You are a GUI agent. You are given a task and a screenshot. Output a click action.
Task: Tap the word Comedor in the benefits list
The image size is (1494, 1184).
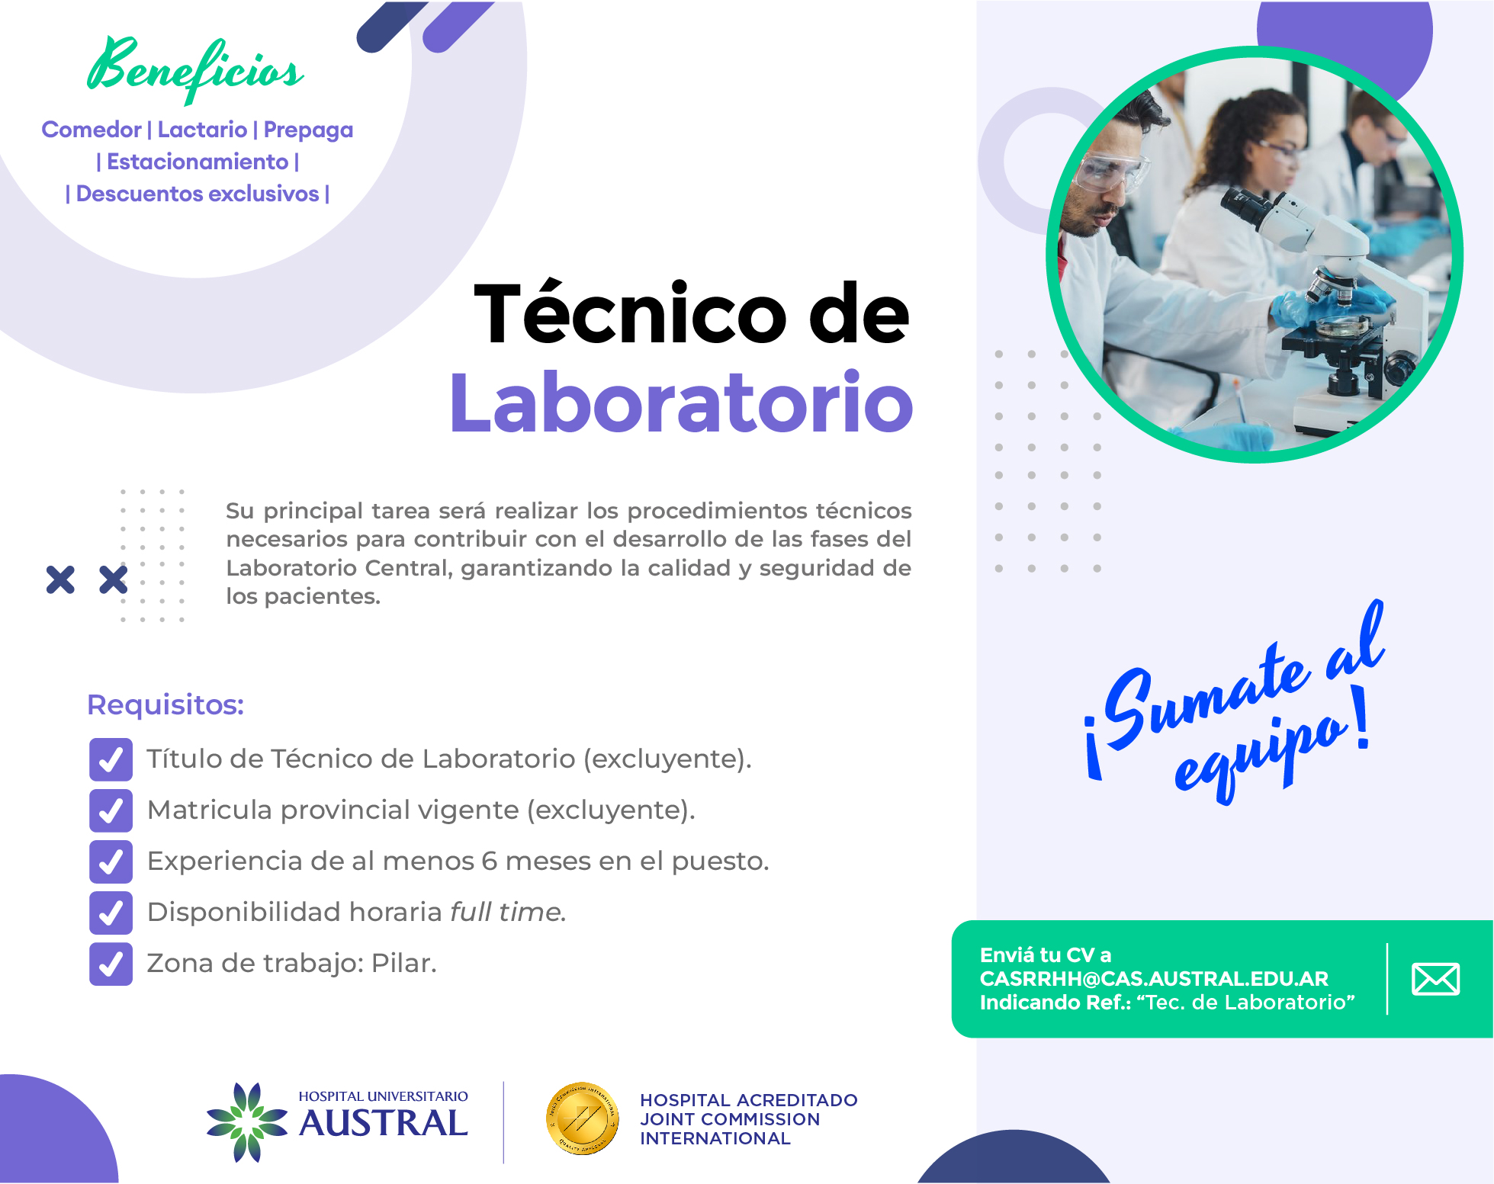coord(92,130)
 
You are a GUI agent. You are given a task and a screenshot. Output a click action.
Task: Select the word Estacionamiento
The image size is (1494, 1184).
coord(198,162)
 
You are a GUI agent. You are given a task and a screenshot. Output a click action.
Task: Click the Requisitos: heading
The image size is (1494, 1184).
coord(165,704)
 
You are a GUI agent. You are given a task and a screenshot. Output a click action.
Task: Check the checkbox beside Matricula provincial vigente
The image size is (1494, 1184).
coord(111,810)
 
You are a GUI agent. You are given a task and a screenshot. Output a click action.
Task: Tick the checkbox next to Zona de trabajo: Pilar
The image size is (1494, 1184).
coord(111,964)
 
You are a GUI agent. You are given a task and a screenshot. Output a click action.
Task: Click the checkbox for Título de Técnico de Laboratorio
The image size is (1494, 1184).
coord(111,759)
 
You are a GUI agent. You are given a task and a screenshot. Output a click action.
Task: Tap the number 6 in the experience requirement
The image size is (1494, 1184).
coord(490,862)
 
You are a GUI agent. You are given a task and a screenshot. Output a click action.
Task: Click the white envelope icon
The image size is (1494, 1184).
coord(1436,979)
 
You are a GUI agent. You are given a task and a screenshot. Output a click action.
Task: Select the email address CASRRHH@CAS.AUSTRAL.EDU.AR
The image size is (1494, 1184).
coord(1154,978)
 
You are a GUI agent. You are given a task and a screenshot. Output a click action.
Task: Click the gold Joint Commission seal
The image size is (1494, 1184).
coord(582,1118)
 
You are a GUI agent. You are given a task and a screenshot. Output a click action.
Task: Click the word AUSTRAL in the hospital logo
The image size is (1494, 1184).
coord(384,1123)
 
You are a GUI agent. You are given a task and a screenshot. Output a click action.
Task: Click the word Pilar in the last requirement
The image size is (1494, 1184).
coord(404,964)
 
